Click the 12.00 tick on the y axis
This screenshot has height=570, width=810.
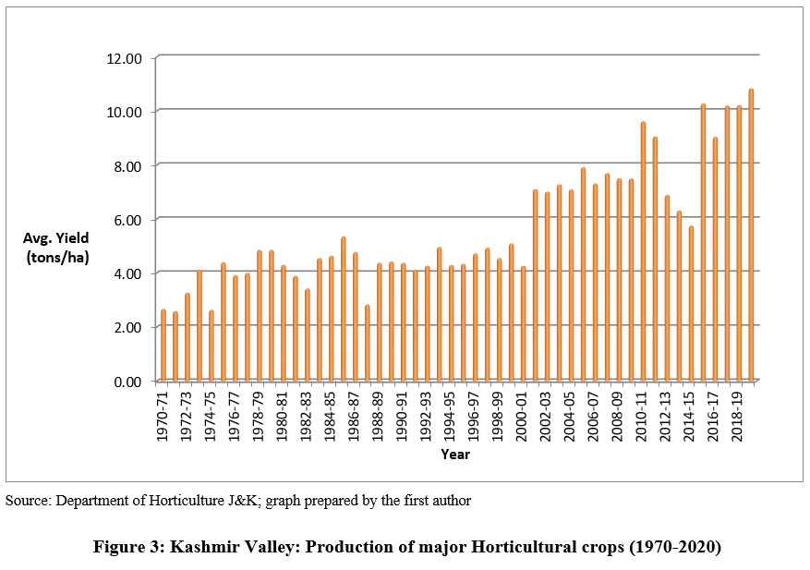pyautogui.click(x=123, y=58)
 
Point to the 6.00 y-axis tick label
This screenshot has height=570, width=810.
pyautogui.click(x=127, y=219)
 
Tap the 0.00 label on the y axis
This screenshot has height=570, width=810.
pyautogui.click(x=127, y=381)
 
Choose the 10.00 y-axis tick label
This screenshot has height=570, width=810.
pyautogui.click(x=123, y=112)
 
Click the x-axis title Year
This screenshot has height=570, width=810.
pyautogui.click(x=454, y=455)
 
